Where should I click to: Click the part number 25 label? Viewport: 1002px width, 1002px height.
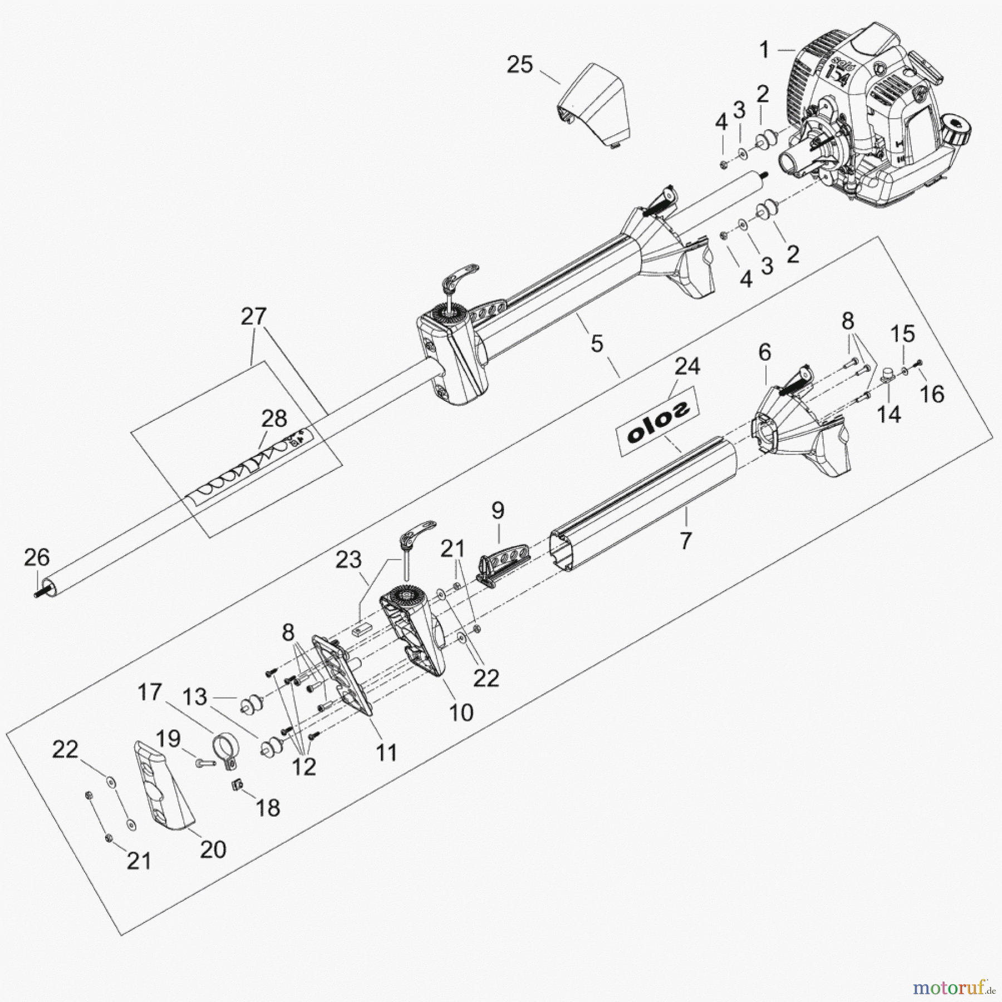(519, 65)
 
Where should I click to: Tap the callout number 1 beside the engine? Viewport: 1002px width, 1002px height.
(764, 50)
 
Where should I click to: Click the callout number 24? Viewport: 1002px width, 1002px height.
(687, 366)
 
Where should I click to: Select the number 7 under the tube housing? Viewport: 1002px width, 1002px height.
(686, 540)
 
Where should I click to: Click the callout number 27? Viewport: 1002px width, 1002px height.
(254, 317)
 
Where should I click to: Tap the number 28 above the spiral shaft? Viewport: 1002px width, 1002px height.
(274, 418)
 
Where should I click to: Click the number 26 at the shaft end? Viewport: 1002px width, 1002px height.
(37, 557)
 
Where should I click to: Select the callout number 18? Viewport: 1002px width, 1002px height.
(268, 807)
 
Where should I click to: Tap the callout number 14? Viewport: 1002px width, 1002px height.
(889, 414)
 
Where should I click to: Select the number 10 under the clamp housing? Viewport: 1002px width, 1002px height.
(461, 713)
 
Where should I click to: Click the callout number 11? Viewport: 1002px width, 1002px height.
(386, 753)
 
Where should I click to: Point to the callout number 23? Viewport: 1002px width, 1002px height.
(348, 559)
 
